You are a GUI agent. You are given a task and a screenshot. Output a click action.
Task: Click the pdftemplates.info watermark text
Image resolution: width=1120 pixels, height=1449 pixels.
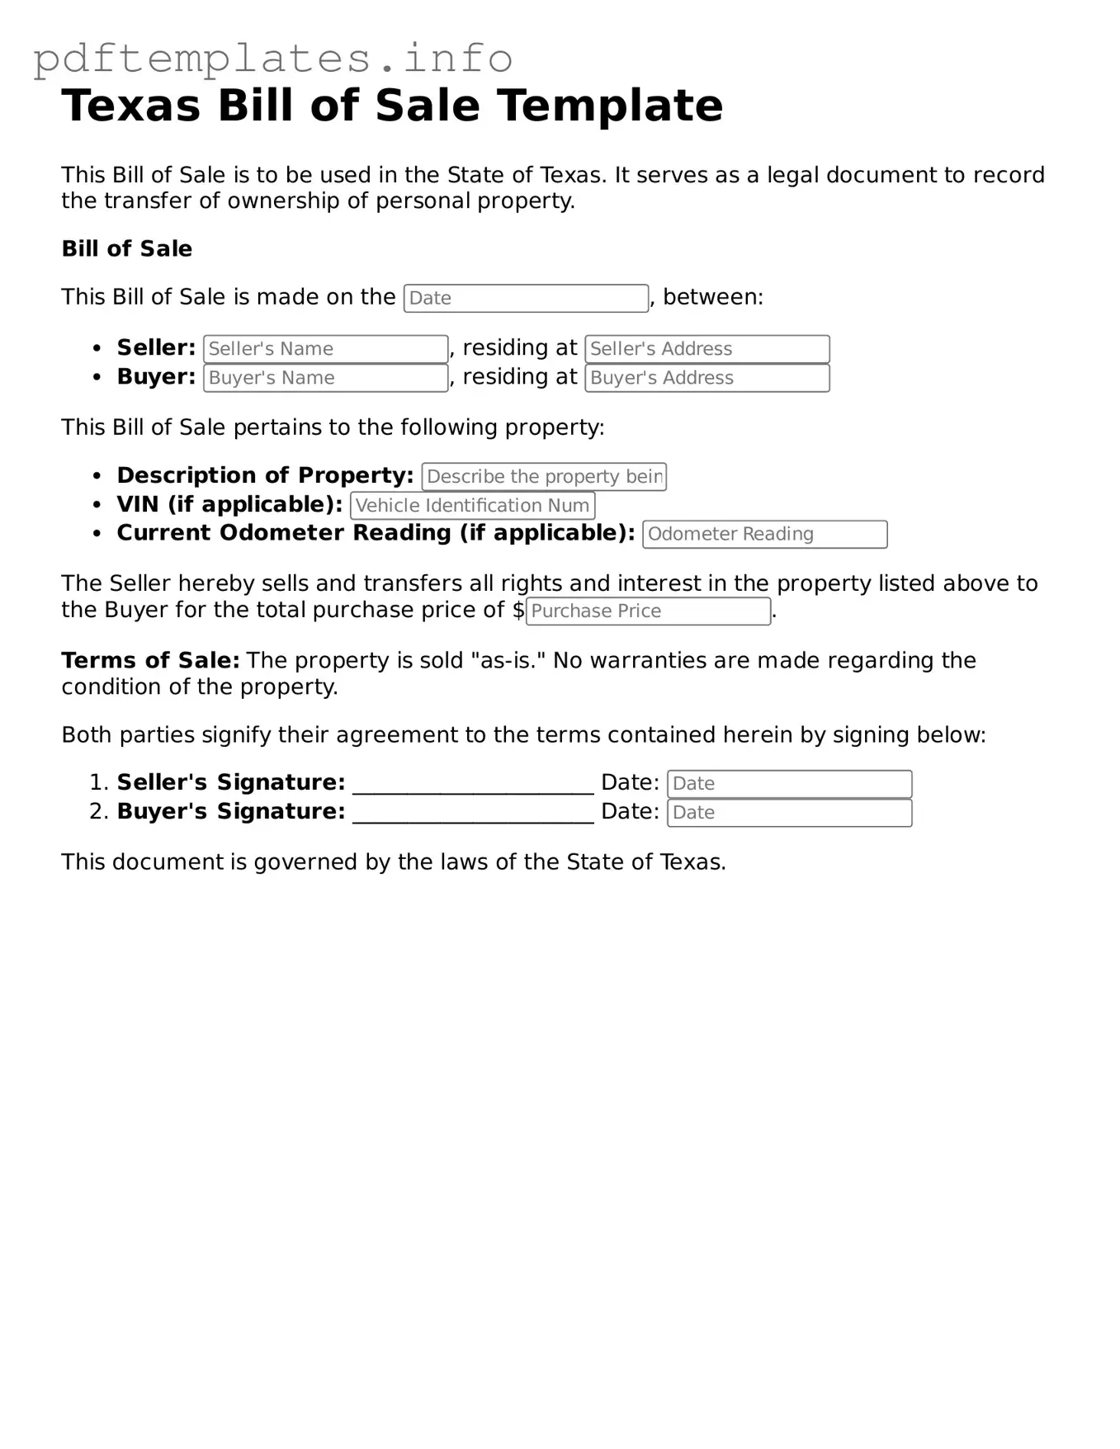click(x=272, y=59)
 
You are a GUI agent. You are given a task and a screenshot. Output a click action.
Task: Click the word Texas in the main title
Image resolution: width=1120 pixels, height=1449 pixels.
click(x=130, y=106)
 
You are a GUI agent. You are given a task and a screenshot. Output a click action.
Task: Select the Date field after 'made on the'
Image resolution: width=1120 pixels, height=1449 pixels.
click(x=526, y=299)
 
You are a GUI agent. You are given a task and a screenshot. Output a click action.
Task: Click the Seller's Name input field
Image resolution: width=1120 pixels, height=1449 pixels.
click(x=325, y=349)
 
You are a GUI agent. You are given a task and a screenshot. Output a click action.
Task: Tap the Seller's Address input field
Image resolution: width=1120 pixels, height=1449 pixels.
click(x=706, y=349)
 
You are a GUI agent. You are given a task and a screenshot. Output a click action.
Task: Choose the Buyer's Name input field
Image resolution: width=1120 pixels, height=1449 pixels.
click(x=325, y=378)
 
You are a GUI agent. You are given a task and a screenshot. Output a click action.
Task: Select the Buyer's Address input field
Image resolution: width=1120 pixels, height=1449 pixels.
click(x=706, y=378)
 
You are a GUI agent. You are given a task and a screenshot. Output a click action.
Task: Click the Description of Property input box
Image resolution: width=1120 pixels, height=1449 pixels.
click(x=543, y=477)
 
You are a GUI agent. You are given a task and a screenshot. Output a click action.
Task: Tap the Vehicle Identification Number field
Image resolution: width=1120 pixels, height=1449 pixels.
click(x=472, y=506)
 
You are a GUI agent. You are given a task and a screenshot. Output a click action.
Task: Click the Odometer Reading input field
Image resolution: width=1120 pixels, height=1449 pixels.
click(x=764, y=535)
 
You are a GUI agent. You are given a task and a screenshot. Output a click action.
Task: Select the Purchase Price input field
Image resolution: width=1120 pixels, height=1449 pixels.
click(x=648, y=611)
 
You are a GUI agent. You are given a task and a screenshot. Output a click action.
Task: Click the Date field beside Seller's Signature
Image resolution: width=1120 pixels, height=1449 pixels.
click(x=789, y=784)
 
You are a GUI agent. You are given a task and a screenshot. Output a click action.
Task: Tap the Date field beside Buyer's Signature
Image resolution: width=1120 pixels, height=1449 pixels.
click(x=789, y=813)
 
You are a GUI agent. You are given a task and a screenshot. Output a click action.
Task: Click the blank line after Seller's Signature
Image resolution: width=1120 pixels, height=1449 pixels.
click(x=473, y=786)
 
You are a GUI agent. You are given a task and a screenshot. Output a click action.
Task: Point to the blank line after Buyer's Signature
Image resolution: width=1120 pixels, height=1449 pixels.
click(x=473, y=815)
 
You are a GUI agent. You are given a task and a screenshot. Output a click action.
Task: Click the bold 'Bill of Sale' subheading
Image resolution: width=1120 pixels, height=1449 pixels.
click(x=126, y=249)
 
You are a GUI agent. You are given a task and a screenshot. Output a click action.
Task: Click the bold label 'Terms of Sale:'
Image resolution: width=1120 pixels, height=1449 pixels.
click(x=150, y=661)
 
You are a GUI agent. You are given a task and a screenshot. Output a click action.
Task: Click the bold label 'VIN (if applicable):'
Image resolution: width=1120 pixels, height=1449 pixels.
click(x=229, y=505)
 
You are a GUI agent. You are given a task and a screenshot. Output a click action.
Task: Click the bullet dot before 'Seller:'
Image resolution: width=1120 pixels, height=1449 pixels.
click(x=98, y=349)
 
